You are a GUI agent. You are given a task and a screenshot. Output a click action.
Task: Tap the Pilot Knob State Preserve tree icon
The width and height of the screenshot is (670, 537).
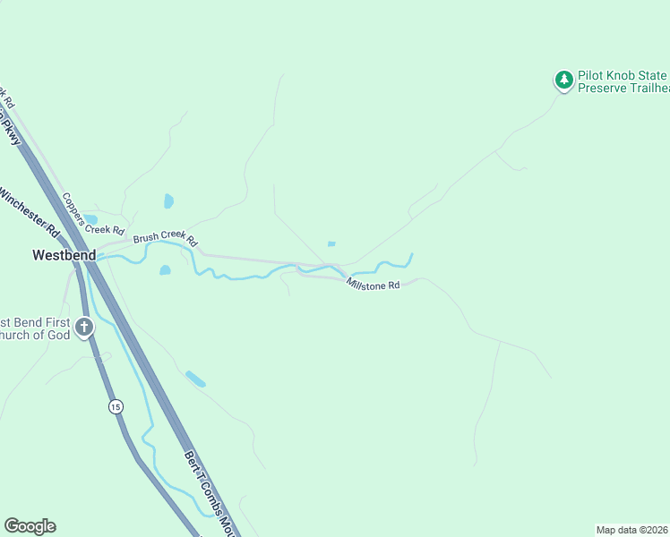click(563, 81)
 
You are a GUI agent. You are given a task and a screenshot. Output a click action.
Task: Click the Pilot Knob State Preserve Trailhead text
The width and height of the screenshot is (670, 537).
click(623, 81)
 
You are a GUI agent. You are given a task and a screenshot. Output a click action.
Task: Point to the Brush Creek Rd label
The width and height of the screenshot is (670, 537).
click(165, 238)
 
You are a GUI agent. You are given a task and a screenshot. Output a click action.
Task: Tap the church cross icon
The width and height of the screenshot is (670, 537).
click(84, 328)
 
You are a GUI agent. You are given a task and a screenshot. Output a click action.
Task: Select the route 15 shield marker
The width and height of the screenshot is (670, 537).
click(116, 407)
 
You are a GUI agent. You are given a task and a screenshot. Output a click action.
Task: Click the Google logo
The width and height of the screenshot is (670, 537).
click(30, 526)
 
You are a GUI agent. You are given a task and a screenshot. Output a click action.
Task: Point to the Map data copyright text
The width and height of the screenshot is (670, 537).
click(632, 529)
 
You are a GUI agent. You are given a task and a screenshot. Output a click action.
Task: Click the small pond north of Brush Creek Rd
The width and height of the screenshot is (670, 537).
click(168, 201)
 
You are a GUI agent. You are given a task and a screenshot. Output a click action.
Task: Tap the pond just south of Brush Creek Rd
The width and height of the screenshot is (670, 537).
click(165, 270)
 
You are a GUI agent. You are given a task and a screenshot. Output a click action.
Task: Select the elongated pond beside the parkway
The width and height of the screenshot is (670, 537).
click(195, 379)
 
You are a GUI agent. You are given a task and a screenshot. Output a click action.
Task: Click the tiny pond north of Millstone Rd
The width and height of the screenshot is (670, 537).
click(331, 243)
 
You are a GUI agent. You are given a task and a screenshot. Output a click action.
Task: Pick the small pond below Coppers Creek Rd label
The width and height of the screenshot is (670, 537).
click(90, 219)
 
